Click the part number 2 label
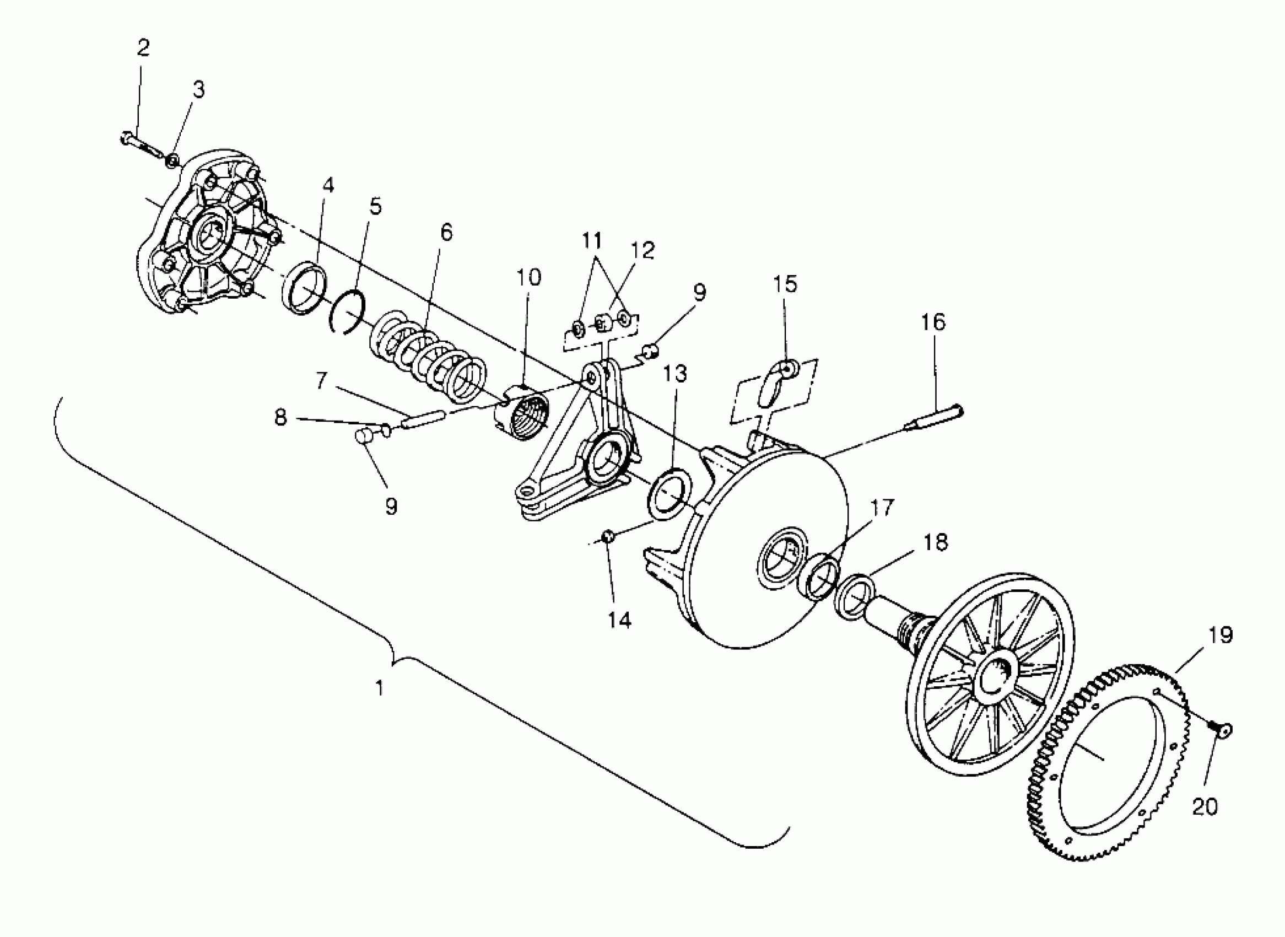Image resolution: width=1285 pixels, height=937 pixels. pyautogui.click(x=143, y=49)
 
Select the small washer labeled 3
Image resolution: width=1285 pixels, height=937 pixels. pyautogui.click(x=172, y=161)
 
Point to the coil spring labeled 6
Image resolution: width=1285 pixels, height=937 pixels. pyautogui.click(x=429, y=360)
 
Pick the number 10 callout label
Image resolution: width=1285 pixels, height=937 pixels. pyautogui.click(x=528, y=277)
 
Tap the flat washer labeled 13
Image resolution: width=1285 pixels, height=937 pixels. pyautogui.click(x=671, y=493)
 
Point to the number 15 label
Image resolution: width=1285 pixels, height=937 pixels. pyautogui.click(x=785, y=284)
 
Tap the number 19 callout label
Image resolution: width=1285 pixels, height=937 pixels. pyautogui.click(x=1221, y=636)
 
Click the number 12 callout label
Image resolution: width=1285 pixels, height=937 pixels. pyautogui.click(x=643, y=251)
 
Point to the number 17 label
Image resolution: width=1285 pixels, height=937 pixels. pyautogui.click(x=882, y=508)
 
